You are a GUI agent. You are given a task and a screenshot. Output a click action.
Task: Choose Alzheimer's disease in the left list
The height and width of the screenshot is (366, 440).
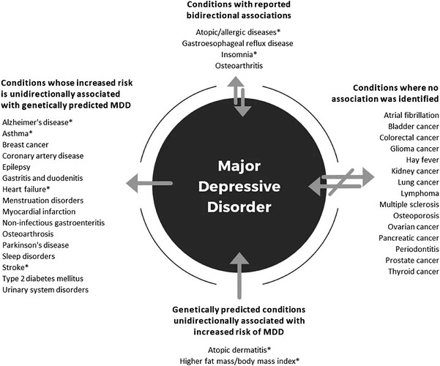[37, 122]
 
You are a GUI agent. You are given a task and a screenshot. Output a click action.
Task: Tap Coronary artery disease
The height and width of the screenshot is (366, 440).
[42, 155]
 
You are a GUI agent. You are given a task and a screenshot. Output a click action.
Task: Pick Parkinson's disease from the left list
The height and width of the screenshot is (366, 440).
[36, 244]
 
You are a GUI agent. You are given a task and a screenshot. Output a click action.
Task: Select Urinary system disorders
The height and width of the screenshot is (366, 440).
[45, 290]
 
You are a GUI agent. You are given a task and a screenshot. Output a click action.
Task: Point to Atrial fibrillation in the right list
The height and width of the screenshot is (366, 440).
[411, 115]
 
